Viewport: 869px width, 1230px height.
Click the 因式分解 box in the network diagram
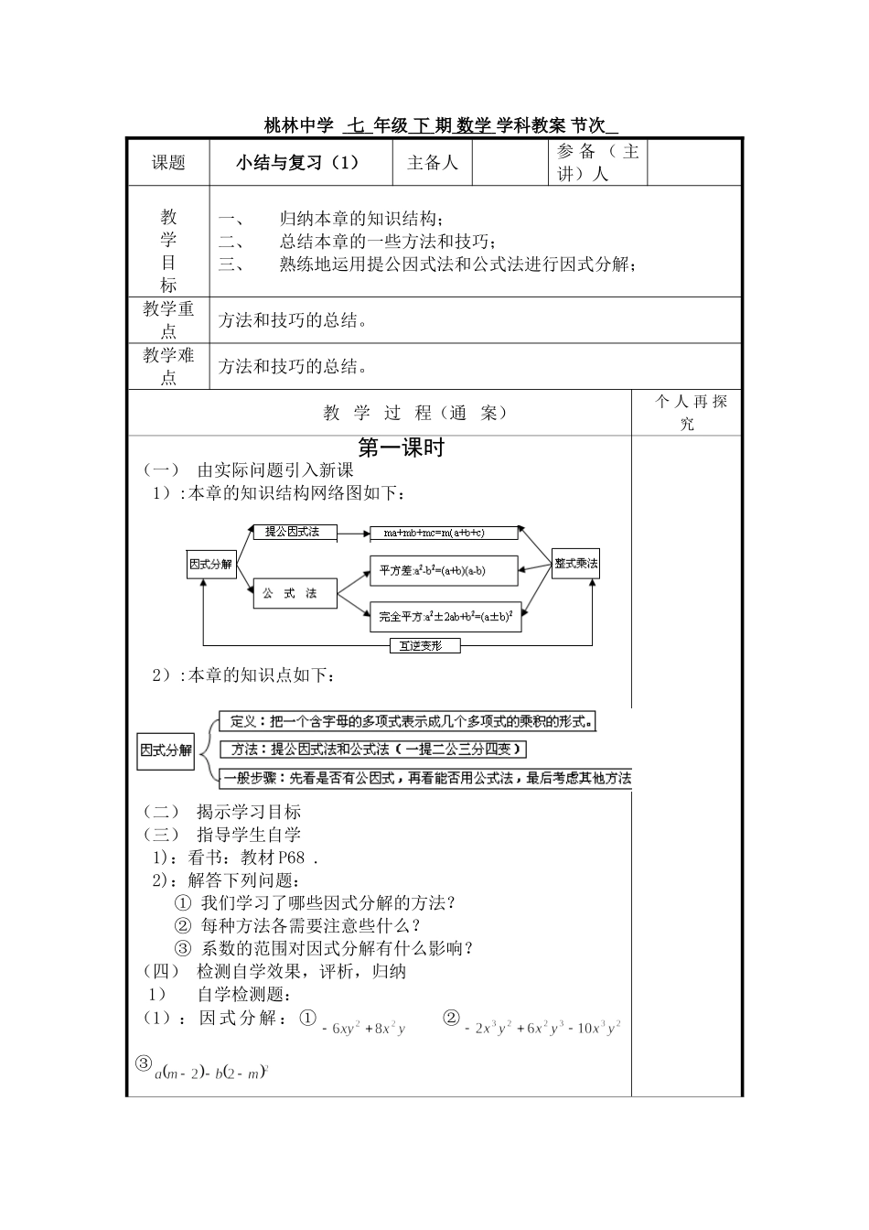point(210,564)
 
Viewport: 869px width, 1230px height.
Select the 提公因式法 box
point(293,532)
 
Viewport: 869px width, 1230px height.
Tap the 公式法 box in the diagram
point(295,593)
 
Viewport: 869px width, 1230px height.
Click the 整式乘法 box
point(575,564)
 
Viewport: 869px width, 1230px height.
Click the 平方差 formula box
point(444,571)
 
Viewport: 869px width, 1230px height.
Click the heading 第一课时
point(401,448)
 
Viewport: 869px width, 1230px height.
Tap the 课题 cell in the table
point(168,163)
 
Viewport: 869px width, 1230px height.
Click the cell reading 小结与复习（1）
point(298,163)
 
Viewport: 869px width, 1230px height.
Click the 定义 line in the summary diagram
point(407,721)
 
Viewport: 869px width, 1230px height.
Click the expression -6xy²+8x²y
point(363,1029)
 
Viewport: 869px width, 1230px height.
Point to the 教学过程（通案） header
point(415,413)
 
